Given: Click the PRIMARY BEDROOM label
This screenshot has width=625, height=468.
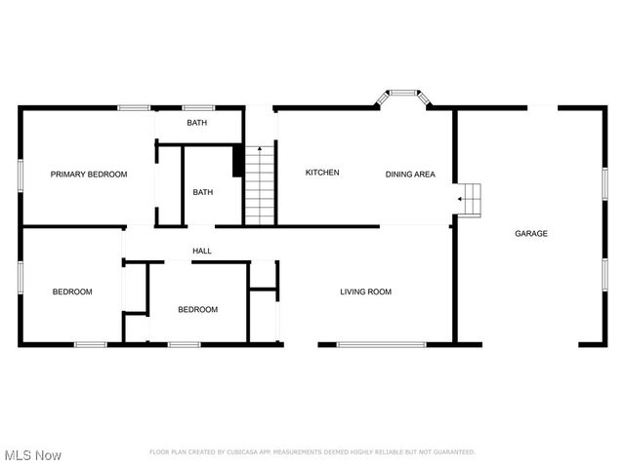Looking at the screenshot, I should pos(89,174).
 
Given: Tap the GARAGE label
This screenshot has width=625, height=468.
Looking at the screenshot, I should pos(531,233).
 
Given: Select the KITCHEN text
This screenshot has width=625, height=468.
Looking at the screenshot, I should pos(322,173).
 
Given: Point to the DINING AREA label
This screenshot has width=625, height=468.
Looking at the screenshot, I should pos(410,175).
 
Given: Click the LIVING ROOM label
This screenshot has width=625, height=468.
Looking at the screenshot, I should pos(365,292).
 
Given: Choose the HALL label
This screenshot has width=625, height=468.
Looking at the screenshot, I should pos(202,251).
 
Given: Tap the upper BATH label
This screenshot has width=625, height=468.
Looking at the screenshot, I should pos(197,123).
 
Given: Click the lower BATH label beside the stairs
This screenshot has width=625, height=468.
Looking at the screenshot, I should pos(202,192).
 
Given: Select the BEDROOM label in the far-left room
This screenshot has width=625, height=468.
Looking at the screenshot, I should pos(72,292).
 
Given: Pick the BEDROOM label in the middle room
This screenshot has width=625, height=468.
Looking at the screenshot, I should pos(197,309).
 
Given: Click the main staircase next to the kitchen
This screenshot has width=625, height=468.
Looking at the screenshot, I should pos(260,184).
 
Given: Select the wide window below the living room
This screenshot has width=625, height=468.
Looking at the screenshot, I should pos(381,344).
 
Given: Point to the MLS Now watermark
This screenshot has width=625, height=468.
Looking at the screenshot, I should pos(33,455).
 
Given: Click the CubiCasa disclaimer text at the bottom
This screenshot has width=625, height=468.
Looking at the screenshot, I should pos(312,452).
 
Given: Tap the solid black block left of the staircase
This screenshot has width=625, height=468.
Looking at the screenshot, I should pos(237,161).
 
